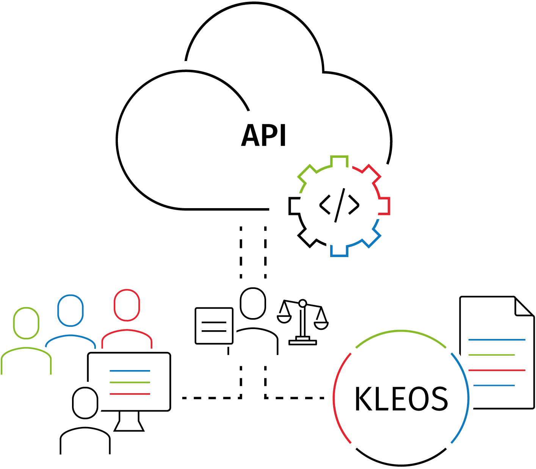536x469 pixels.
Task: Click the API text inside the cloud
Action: pos(264,135)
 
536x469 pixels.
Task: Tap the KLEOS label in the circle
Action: pos(401,399)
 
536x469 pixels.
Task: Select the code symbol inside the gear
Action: pos(339,205)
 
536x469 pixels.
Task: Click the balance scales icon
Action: pos(302,322)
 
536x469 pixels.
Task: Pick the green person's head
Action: pos(26,323)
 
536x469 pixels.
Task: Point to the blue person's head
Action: pos(70,311)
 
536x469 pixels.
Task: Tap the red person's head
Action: pos(127,305)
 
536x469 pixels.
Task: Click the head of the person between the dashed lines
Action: pos(253,303)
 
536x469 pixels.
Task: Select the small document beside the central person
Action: pos(214,326)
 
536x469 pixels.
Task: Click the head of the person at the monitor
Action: pos(85,403)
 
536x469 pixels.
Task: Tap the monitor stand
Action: pos(129,422)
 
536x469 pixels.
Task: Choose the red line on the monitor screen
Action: pos(130,394)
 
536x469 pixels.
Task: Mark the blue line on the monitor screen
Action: pos(130,371)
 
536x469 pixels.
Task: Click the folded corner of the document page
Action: pos(523,307)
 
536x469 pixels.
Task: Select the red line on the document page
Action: pos(497,370)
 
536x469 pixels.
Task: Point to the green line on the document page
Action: pos(491,355)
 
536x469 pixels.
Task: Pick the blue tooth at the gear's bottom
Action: pos(339,251)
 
